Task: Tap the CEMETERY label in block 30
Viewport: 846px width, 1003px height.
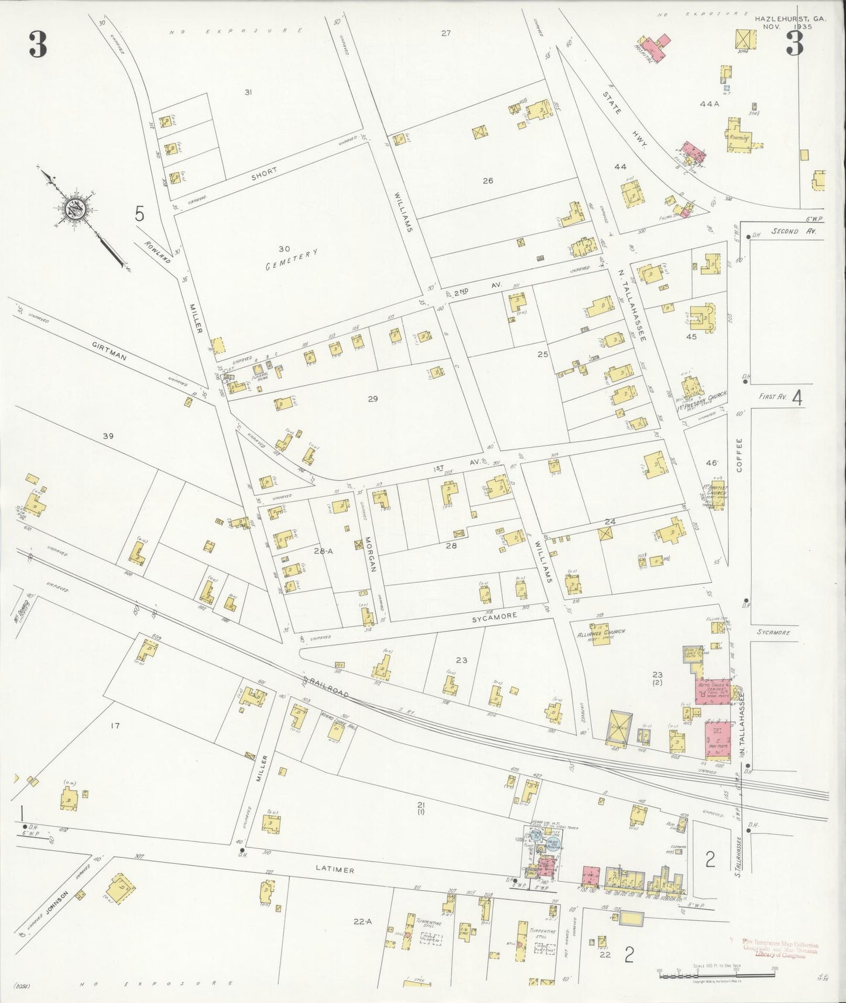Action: (292, 259)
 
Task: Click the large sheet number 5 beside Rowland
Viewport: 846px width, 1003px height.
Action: (139, 214)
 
